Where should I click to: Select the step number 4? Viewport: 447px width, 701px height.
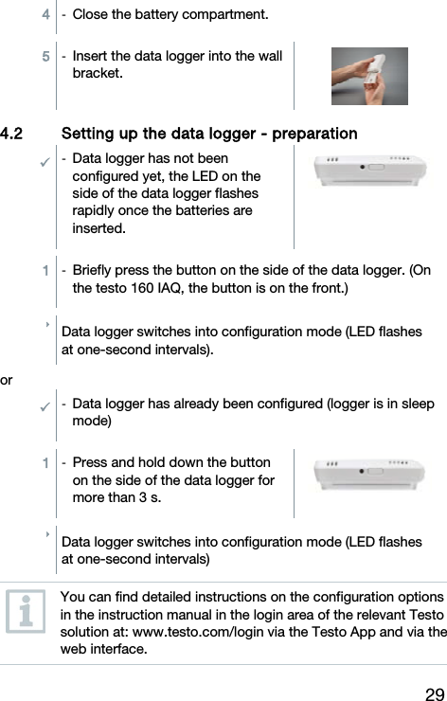(45, 15)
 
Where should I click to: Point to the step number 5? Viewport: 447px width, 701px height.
(45, 57)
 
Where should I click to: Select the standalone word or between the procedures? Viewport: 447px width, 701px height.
(8, 380)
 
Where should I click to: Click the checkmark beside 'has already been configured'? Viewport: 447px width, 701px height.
(45, 405)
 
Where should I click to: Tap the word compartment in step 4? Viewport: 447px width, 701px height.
(223, 15)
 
